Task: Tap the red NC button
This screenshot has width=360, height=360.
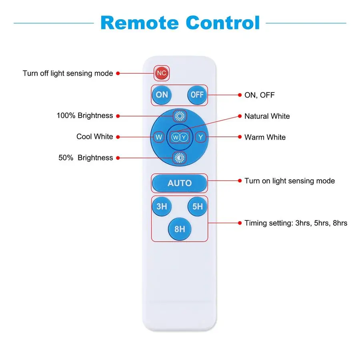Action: pos(162,73)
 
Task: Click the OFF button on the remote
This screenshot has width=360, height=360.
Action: pos(197,95)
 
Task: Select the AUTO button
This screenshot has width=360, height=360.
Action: pos(180,183)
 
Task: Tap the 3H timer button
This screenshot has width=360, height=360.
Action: pos(162,207)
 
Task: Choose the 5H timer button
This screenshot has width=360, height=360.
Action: pos(198,207)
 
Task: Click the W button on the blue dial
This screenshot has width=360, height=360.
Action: pos(159,137)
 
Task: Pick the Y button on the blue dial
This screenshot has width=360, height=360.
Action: pos(201,137)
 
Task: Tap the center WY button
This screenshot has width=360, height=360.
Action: pos(180,137)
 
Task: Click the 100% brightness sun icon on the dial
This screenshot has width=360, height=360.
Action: pos(180,116)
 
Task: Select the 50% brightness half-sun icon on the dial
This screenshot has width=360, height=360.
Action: pos(180,158)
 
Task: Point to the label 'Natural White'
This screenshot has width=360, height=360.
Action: pos(267,116)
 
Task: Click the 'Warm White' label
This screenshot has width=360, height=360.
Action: pos(265,137)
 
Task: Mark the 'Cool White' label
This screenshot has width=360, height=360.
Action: pos(95,137)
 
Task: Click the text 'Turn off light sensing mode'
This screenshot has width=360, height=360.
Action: pos(68,74)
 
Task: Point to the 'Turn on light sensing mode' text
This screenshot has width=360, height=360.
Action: pos(290,181)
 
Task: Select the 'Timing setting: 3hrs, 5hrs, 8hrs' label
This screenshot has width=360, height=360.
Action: pos(296,223)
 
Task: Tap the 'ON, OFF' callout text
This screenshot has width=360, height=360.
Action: pos(260,95)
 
